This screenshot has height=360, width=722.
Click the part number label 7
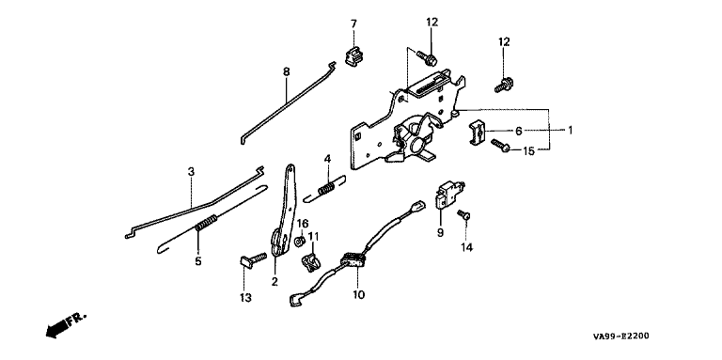353,23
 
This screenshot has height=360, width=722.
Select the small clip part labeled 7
353,55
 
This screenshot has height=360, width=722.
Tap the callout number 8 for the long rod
287,71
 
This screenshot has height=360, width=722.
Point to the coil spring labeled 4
327,188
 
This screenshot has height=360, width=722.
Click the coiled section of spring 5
206,223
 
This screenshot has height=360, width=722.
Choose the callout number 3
191,172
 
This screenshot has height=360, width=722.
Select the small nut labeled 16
298,242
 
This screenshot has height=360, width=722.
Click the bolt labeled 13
253,259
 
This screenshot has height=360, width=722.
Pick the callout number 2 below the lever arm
275,282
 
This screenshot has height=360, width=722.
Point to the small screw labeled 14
463,215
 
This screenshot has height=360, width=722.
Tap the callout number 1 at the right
570,131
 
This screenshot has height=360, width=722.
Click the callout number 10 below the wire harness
358,294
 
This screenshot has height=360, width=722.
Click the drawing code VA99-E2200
621,337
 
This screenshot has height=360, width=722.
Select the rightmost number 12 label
504,42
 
